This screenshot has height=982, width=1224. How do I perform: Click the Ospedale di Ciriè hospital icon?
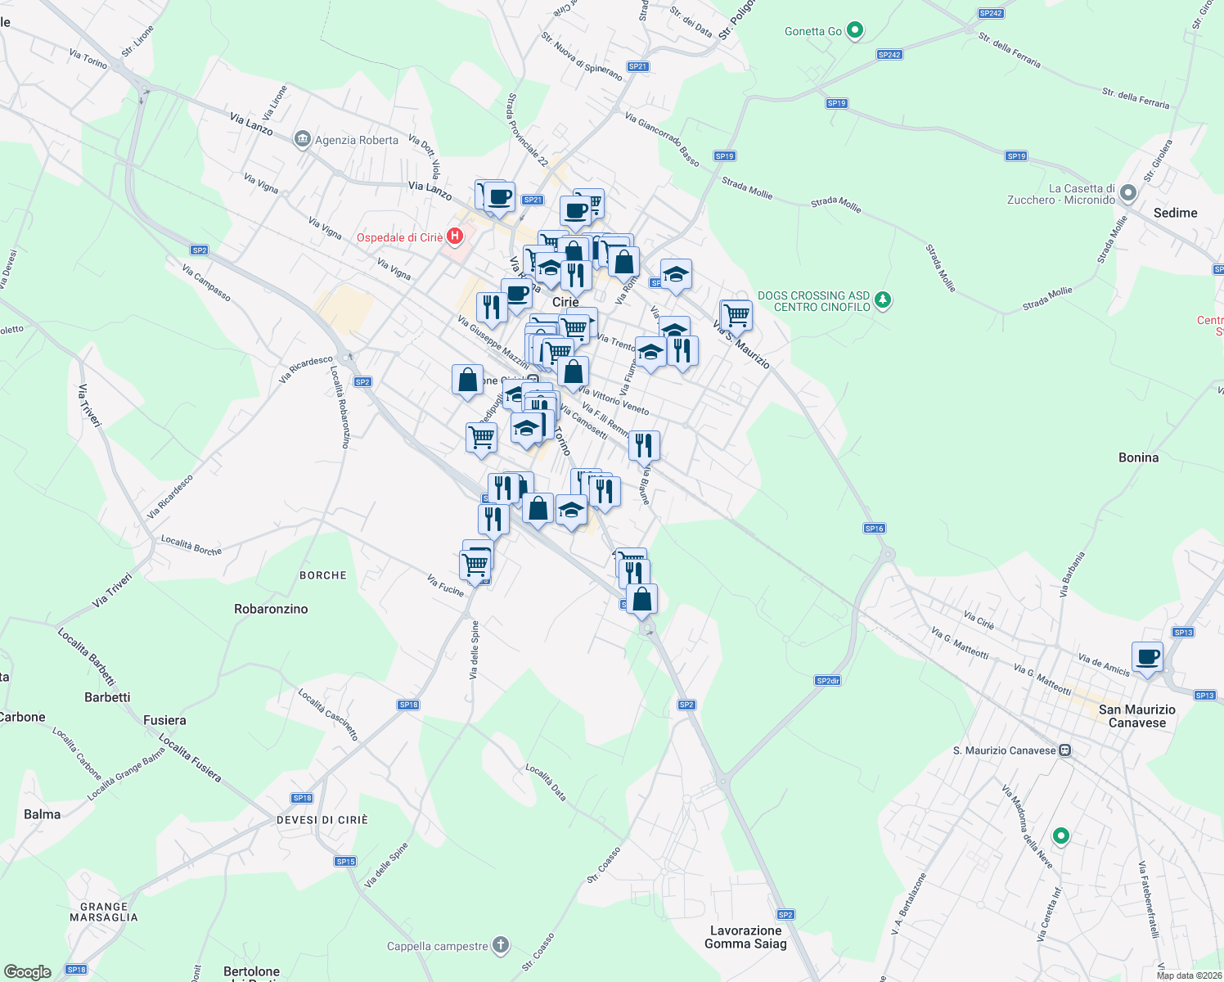pyautogui.click(x=455, y=237)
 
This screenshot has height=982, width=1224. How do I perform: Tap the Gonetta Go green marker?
pyautogui.click(x=855, y=31)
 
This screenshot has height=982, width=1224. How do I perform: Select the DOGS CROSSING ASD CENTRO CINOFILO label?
pyautogui.click(x=813, y=301)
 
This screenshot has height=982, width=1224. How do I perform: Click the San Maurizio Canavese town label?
pyautogui.click(x=1136, y=716)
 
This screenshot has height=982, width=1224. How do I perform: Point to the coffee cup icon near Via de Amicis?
pyautogui.click(x=1147, y=656)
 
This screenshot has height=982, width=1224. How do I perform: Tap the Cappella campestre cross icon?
pyautogui.click(x=501, y=946)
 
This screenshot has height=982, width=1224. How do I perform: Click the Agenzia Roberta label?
pyautogui.click(x=357, y=140)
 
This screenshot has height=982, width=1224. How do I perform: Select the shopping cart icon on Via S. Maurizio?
pyautogui.click(x=736, y=314)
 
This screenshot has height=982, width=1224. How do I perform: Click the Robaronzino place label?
pyautogui.click(x=271, y=609)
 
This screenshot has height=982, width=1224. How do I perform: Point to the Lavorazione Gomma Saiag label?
pyautogui.click(x=745, y=937)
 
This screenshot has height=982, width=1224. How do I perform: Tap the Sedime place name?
pyautogui.click(x=1175, y=213)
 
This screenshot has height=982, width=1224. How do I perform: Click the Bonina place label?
pyautogui.click(x=1138, y=457)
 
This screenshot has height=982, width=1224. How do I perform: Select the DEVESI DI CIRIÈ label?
pyautogui.click(x=322, y=820)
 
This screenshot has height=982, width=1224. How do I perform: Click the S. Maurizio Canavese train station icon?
pyautogui.click(x=1064, y=750)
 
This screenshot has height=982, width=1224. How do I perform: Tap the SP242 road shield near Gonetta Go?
pyautogui.click(x=889, y=55)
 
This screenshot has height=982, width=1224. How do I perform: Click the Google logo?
pyautogui.click(x=27, y=971)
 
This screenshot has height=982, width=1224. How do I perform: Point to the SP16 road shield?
pyautogui.click(x=874, y=529)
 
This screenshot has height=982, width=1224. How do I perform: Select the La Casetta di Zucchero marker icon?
pyautogui.click(x=1128, y=194)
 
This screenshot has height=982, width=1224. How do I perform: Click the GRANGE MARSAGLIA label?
pyautogui.click(x=104, y=912)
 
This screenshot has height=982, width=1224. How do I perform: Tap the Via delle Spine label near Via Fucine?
pyautogui.click(x=475, y=650)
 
